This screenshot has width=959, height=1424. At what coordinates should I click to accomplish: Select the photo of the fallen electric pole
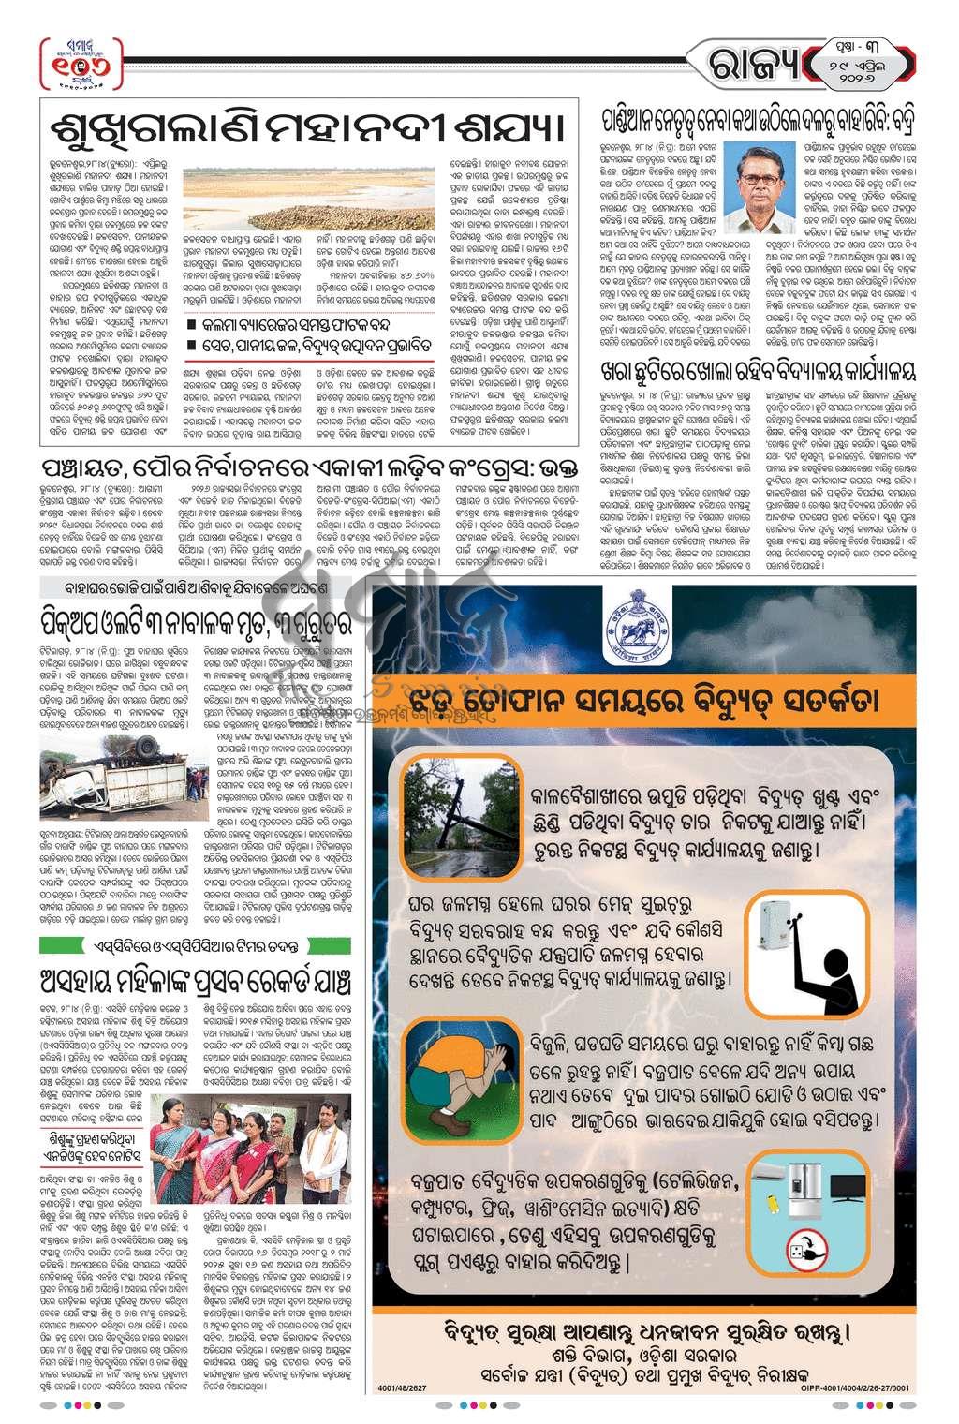point(450,816)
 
